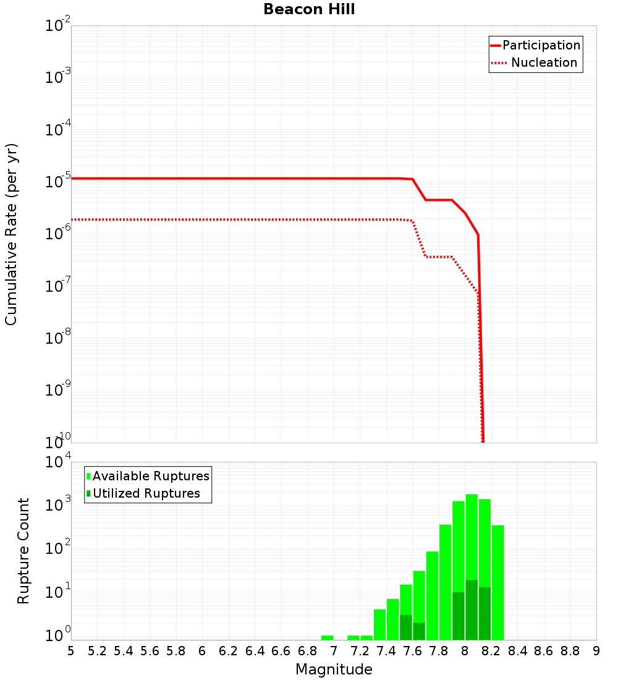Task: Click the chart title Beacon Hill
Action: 309,10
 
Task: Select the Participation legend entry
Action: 541,45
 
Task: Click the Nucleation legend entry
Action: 543,62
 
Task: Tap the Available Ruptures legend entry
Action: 150,476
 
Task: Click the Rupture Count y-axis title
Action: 23,551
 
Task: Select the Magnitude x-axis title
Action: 334,669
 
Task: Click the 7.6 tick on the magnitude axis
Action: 412,651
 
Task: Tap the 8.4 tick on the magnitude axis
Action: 517,651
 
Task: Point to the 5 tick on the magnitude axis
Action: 71,651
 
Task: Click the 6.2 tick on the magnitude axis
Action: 229,651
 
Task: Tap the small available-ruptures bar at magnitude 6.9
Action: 327,637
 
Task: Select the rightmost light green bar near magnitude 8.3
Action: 497,581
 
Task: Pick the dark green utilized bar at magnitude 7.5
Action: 406,627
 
